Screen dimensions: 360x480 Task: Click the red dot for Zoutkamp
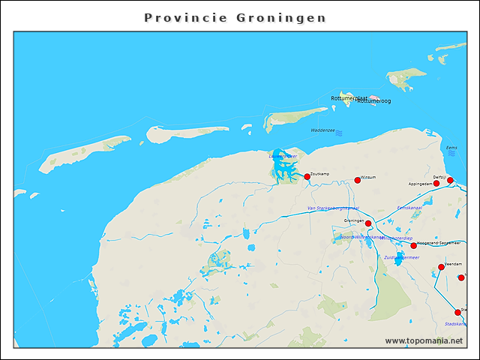pos(307,176)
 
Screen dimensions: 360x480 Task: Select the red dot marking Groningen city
pos(368,223)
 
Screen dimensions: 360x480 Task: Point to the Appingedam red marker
pos(436,183)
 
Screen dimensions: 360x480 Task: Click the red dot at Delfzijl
pos(450,180)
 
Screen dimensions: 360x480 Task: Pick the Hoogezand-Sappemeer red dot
pos(413,245)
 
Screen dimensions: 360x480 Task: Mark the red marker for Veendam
pos(441,267)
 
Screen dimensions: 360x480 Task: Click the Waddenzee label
pos(322,130)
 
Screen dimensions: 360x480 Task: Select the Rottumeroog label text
pos(374,101)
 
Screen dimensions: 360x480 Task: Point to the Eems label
pos(451,148)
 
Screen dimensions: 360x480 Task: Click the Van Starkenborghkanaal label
pos(333,208)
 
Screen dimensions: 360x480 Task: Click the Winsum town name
pos(368,177)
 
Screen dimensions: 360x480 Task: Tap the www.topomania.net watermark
pos(424,340)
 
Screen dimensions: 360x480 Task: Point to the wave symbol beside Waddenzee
pos(339,133)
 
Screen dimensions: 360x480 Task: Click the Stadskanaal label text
pos(456,324)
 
